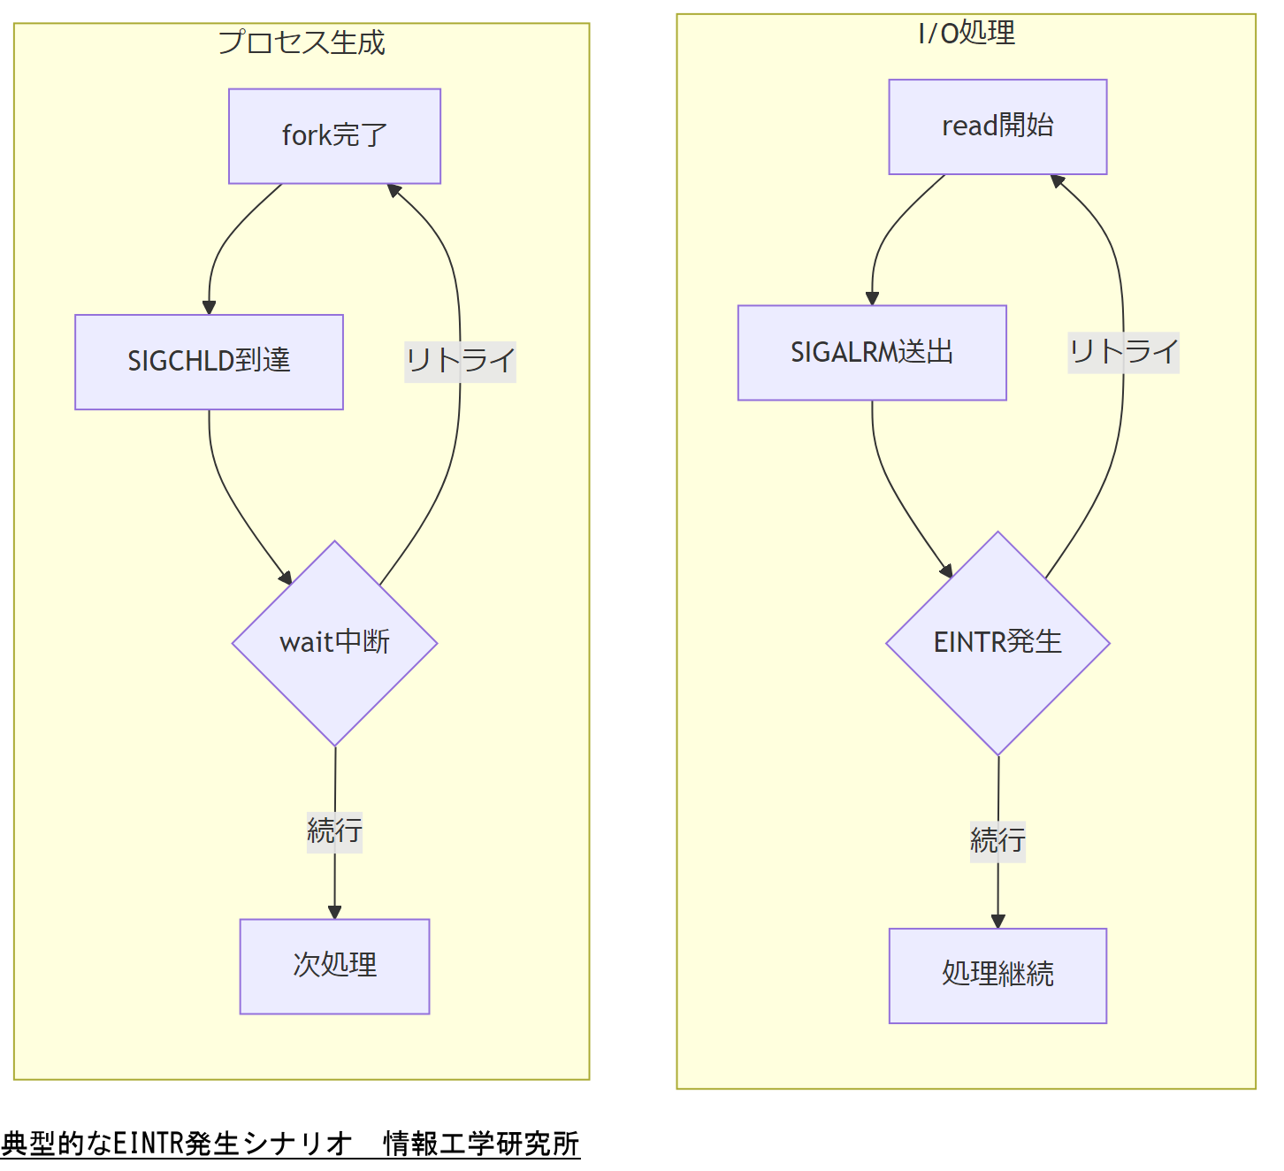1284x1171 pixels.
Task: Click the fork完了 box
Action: coord(334,136)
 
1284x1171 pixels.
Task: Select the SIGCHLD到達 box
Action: coord(209,362)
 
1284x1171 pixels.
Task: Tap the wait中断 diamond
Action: coord(334,643)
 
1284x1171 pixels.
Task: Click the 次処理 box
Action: coord(334,966)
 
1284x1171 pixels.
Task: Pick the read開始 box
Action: coord(997,126)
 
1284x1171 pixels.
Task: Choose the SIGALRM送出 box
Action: coord(872,353)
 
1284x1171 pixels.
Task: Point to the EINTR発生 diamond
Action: coord(997,643)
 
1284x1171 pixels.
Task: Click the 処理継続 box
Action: coord(997,975)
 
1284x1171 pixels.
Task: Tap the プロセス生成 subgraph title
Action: coord(302,42)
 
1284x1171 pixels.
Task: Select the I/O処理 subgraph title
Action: coord(966,34)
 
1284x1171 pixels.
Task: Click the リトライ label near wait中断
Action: coord(460,362)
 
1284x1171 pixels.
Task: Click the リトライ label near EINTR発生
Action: coord(1123,352)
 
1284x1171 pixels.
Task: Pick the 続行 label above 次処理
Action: coord(334,831)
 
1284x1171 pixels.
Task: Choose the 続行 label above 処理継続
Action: coord(997,840)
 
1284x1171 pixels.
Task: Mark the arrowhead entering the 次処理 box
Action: coord(334,912)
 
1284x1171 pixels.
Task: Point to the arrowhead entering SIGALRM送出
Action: coord(872,299)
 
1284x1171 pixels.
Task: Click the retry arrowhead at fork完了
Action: coord(394,190)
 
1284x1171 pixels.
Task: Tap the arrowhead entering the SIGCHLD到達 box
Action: coord(209,308)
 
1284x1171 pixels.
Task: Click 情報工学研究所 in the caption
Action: coord(481,1144)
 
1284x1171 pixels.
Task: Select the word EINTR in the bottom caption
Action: coord(149,1144)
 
